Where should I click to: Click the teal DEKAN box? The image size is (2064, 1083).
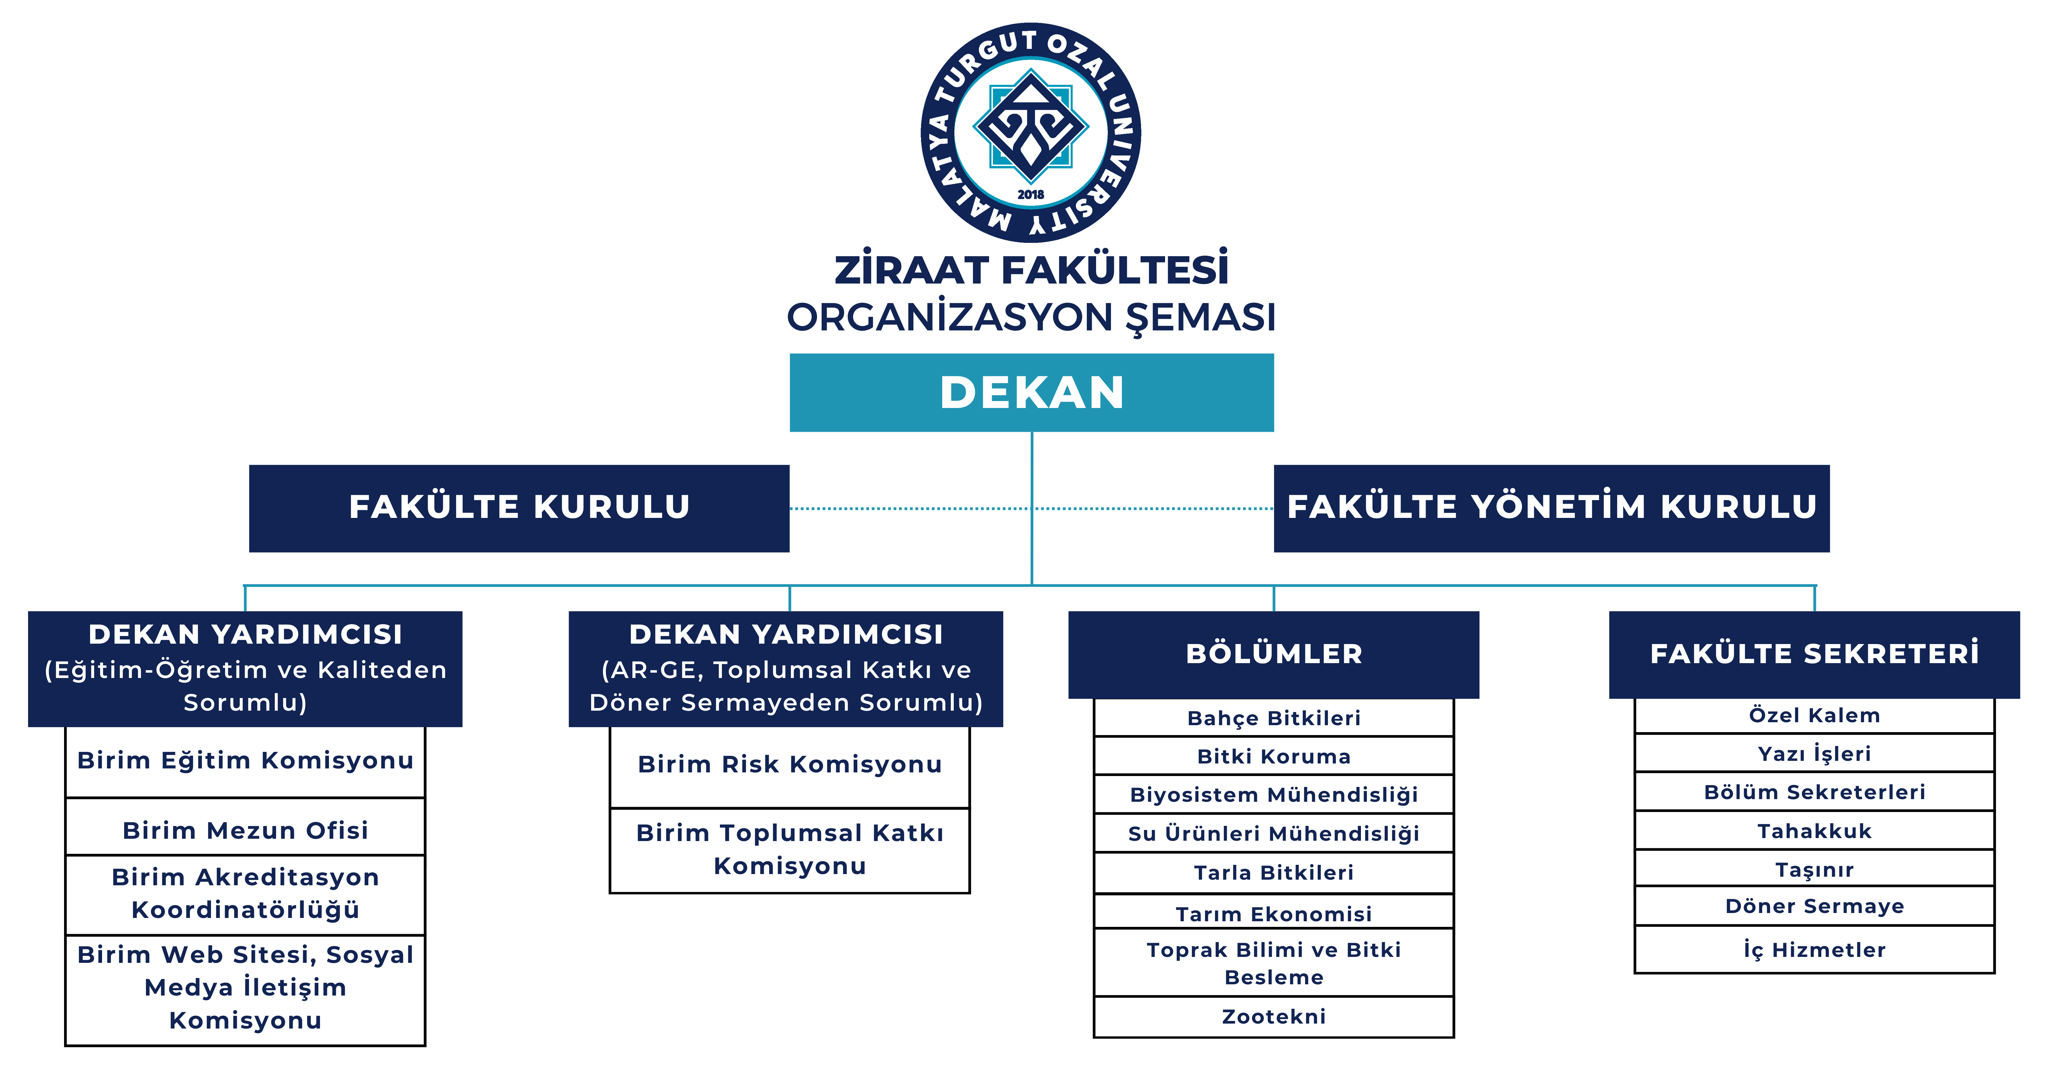(1031, 392)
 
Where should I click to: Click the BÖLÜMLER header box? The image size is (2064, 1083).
(1273, 654)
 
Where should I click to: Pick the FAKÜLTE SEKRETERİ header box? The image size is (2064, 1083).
(1814, 654)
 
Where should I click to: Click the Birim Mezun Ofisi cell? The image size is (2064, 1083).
(245, 830)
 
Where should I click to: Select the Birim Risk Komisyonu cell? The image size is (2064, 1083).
(789, 764)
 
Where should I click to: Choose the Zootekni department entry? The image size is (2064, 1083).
(1273, 1017)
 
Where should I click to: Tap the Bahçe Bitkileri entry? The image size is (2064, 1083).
(1273, 718)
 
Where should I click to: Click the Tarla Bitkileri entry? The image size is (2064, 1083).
(1273, 872)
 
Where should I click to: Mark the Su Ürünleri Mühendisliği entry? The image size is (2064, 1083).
(1273, 833)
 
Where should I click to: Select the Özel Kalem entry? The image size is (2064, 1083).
(1814, 715)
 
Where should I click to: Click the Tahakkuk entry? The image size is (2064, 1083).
(1814, 831)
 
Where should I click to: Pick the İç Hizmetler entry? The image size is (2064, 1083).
(1814, 950)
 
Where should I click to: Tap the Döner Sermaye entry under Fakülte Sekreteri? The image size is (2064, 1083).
(1814, 906)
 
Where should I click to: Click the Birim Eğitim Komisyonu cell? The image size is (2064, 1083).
(245, 760)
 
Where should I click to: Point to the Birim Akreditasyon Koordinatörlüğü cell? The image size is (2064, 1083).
(245, 893)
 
